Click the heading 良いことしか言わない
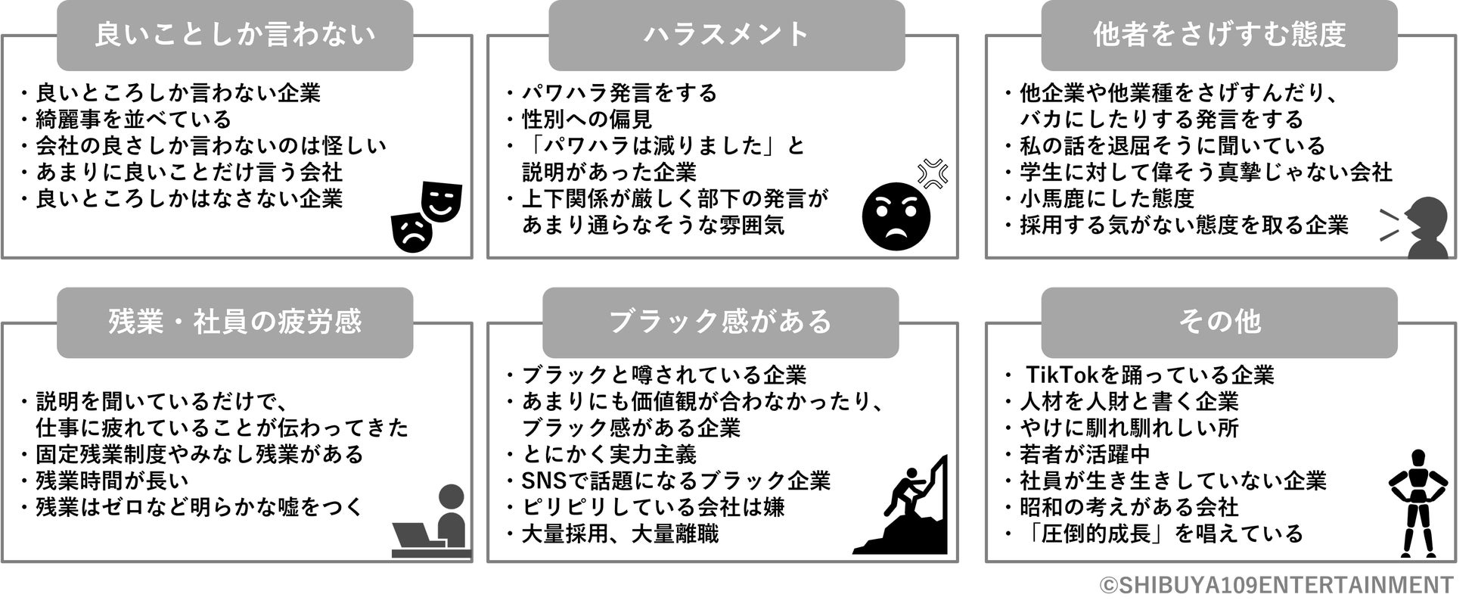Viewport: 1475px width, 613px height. click(234, 36)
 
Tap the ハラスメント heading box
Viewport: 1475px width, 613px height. click(725, 36)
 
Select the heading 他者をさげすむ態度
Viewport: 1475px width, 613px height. click(1219, 36)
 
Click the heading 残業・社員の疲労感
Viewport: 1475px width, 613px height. click(234, 322)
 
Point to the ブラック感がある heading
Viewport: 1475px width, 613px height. click(720, 322)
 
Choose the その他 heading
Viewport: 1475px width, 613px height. click(1219, 322)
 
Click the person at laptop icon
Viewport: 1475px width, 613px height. click(433, 521)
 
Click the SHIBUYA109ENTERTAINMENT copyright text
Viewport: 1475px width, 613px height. click(1276, 585)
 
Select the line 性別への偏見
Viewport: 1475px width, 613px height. click(587, 120)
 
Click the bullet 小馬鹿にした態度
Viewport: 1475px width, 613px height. click(1106, 199)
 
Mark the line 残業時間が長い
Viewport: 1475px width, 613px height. click(112, 481)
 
